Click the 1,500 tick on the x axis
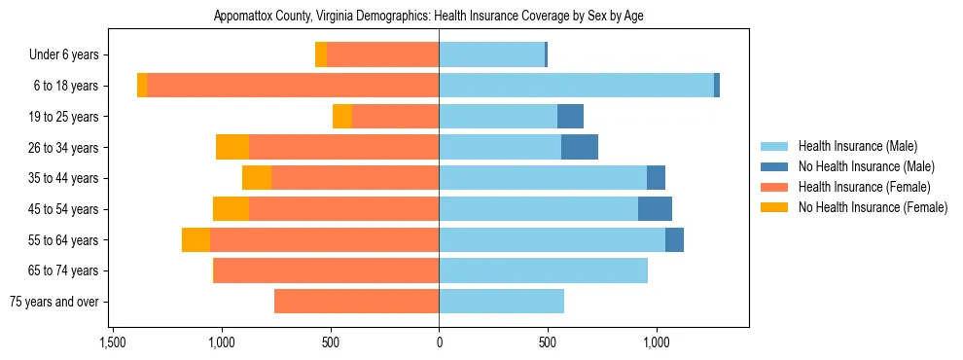[x=113, y=342]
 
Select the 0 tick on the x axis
[x=439, y=342]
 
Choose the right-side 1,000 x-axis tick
[x=657, y=342]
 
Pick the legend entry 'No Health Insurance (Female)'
[x=873, y=207]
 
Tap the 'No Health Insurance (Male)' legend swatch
[x=775, y=166]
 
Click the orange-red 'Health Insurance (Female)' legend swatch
[x=775, y=187]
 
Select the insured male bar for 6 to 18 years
[x=576, y=86]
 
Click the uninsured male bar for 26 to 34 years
[x=580, y=147]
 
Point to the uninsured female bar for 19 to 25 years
[x=342, y=117]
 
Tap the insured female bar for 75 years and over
[x=356, y=302]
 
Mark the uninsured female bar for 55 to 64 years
[x=196, y=240]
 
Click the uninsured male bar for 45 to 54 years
[x=655, y=209]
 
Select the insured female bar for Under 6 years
[x=382, y=55]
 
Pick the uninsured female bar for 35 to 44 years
[x=257, y=178]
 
